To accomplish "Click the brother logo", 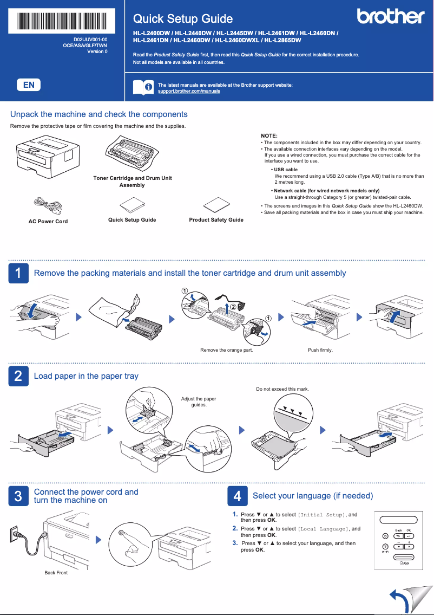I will tap(391, 17).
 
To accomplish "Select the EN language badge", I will tap(29, 85).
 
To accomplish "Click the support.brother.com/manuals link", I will tap(188, 91).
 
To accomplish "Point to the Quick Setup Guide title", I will tap(183, 19).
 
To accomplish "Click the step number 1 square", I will tap(18, 273).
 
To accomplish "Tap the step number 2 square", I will tap(18, 376).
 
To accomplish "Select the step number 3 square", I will tap(18, 496).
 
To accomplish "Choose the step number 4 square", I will tap(237, 496).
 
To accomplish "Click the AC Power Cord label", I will tap(48, 221).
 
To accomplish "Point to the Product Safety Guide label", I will tap(216, 219).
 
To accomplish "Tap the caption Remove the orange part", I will tap(226, 350).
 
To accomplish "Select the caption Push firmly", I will tap(320, 350).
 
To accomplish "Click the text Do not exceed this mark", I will tap(281, 389).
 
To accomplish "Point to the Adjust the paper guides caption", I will tap(198, 402).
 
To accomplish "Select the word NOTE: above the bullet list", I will tap(269, 135).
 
